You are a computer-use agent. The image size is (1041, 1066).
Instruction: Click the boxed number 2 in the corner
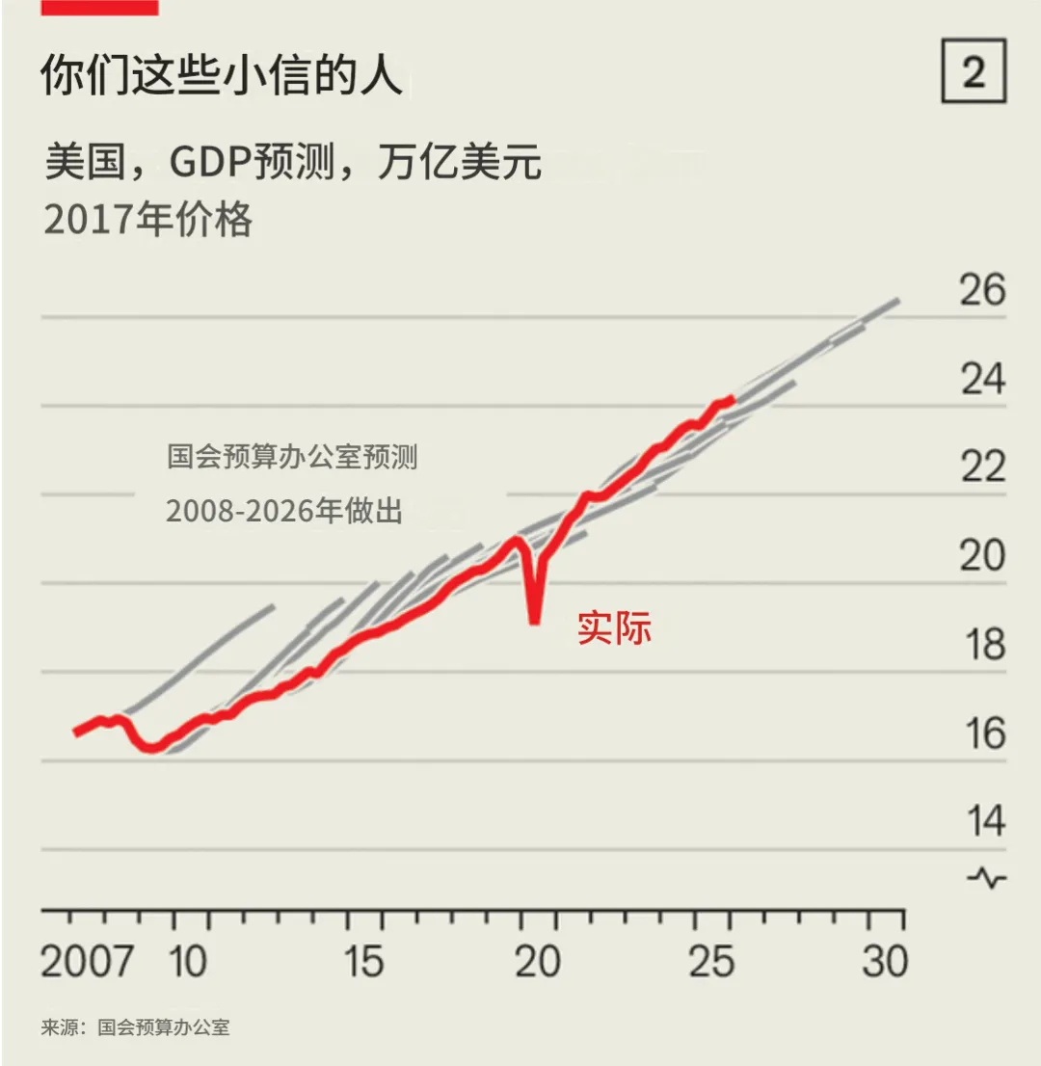pos(974,70)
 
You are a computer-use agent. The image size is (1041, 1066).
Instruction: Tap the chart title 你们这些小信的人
pos(221,74)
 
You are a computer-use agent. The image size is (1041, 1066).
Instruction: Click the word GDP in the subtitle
pos(209,162)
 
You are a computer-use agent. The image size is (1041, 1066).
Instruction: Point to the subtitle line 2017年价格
pos(147,219)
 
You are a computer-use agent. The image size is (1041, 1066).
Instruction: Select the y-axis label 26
pos(982,289)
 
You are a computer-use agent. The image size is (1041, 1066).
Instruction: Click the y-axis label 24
pos(982,379)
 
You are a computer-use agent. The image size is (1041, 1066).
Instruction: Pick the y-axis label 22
pos(982,467)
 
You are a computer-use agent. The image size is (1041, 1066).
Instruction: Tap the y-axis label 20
pos(982,555)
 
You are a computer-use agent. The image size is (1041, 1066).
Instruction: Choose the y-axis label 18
pos(984,644)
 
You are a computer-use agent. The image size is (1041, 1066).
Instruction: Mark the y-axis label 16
pos(984,733)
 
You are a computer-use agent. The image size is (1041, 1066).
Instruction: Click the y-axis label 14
pos(984,820)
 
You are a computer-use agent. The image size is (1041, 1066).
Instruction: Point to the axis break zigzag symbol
pos(987,878)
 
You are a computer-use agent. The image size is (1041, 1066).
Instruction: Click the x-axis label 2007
pos(87,961)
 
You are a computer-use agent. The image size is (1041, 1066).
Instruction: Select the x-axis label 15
pos(363,961)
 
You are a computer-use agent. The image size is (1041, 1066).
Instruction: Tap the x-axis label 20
pos(537,961)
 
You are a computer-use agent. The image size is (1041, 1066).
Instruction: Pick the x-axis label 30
pos(885,961)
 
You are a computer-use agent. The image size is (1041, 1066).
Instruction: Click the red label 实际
pos(614,627)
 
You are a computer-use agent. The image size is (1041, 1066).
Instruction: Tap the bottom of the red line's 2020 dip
pos(535,621)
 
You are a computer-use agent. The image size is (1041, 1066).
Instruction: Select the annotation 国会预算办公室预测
pos(292,456)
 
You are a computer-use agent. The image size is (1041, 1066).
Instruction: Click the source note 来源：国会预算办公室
pos(135,1026)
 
